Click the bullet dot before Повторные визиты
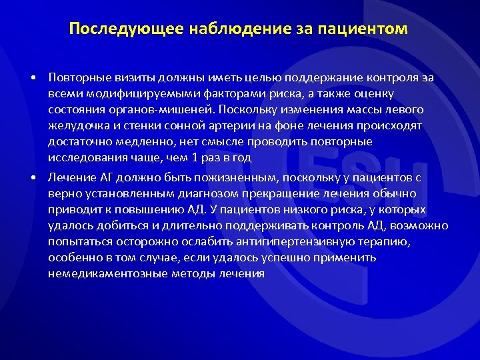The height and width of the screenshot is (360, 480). pos(33,78)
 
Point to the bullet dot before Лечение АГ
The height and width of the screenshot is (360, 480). pos(33,178)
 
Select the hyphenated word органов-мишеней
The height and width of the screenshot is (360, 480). pos(155,110)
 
